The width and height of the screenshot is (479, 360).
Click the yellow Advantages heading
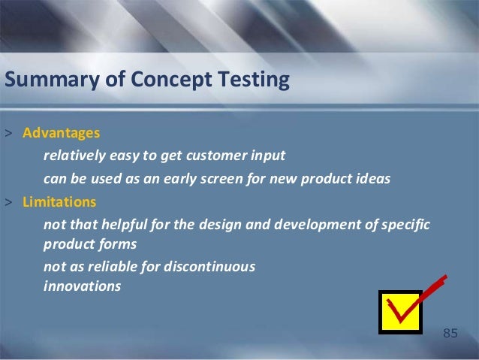click(61, 133)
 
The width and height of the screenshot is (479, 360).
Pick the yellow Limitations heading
click(59, 202)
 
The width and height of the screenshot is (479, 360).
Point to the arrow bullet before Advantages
click(8, 134)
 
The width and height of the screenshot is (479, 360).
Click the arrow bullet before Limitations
click(8, 203)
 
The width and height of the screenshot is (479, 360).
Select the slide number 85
click(450, 333)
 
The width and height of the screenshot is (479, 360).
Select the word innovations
click(82, 286)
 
